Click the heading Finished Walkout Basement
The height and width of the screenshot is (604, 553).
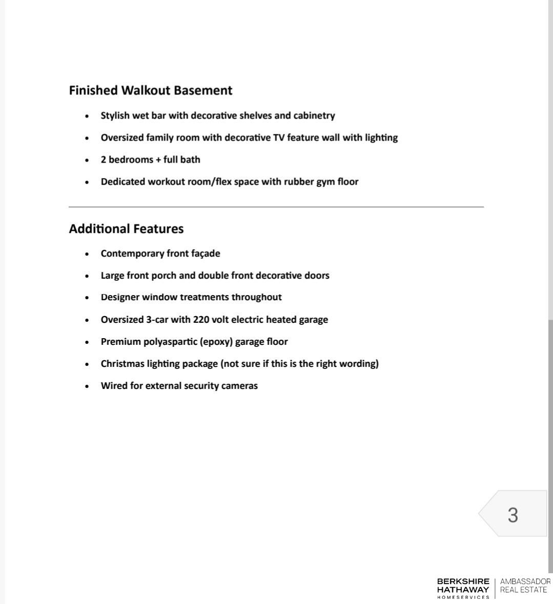pos(150,90)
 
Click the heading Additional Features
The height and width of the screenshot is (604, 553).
pos(126,229)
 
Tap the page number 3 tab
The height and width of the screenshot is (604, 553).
pos(513,515)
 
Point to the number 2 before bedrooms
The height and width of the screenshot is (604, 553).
pos(104,160)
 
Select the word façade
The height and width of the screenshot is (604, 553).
pos(206,254)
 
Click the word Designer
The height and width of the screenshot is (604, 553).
pos(120,297)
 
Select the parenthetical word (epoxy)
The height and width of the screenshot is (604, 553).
pos(216,342)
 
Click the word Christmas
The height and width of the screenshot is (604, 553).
pos(122,364)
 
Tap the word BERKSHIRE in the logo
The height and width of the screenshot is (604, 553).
pos(463,581)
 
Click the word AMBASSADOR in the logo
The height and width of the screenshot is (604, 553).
pos(525,581)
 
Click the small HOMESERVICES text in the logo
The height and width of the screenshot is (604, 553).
pos(463,597)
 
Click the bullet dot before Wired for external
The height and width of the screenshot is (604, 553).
pos(87,386)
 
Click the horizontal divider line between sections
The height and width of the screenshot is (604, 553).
pos(276,207)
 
